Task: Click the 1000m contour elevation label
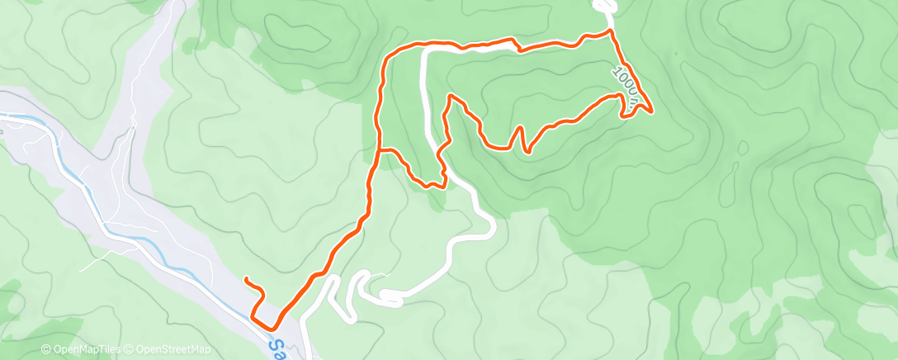[x=625, y=86]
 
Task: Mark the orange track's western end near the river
[x=246, y=281]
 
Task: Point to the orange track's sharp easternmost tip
[x=651, y=110]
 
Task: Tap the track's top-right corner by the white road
[x=611, y=31]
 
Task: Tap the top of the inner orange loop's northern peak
[x=451, y=97]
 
